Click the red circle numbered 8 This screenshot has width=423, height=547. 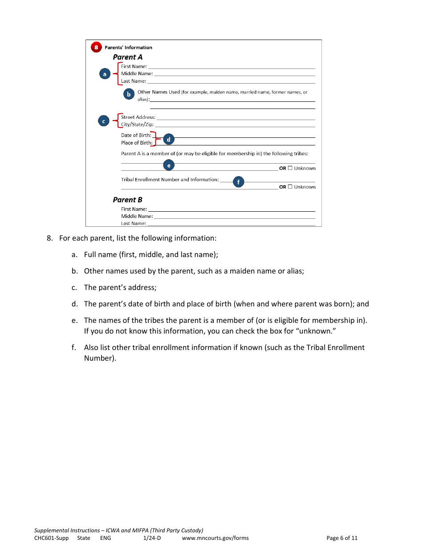click(96, 47)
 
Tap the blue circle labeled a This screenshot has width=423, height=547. click(105, 74)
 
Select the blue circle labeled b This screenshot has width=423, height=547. click(129, 94)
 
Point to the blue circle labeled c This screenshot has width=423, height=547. click(103, 121)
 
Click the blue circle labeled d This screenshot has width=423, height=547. click(168, 139)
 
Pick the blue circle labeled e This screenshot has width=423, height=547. click(169, 165)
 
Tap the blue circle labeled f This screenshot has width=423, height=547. click(239, 181)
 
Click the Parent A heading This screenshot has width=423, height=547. click(128, 57)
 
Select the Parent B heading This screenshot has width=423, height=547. click(128, 200)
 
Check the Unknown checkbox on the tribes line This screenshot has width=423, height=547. click(290, 168)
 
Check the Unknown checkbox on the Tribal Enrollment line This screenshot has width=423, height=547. click(290, 187)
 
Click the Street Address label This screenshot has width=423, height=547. click(138, 117)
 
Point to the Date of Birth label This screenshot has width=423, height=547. click(136, 135)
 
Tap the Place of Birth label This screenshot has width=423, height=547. click(136, 143)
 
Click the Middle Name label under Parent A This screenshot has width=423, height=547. click(137, 74)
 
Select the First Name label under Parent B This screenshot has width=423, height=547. click(134, 209)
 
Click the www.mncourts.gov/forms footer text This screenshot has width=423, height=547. click(215, 538)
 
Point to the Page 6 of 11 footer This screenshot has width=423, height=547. click(342, 538)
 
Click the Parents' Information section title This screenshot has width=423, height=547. click(128, 48)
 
